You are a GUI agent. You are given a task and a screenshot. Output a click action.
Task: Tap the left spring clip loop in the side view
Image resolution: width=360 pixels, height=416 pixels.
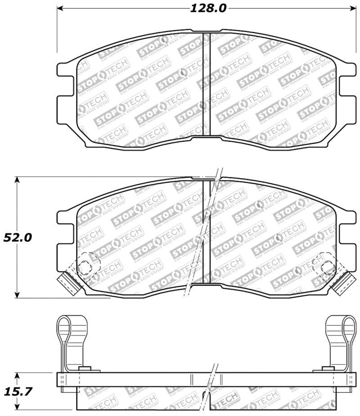click(65, 328)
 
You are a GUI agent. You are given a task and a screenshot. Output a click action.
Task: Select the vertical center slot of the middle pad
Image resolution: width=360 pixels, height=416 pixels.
click(207, 232)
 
